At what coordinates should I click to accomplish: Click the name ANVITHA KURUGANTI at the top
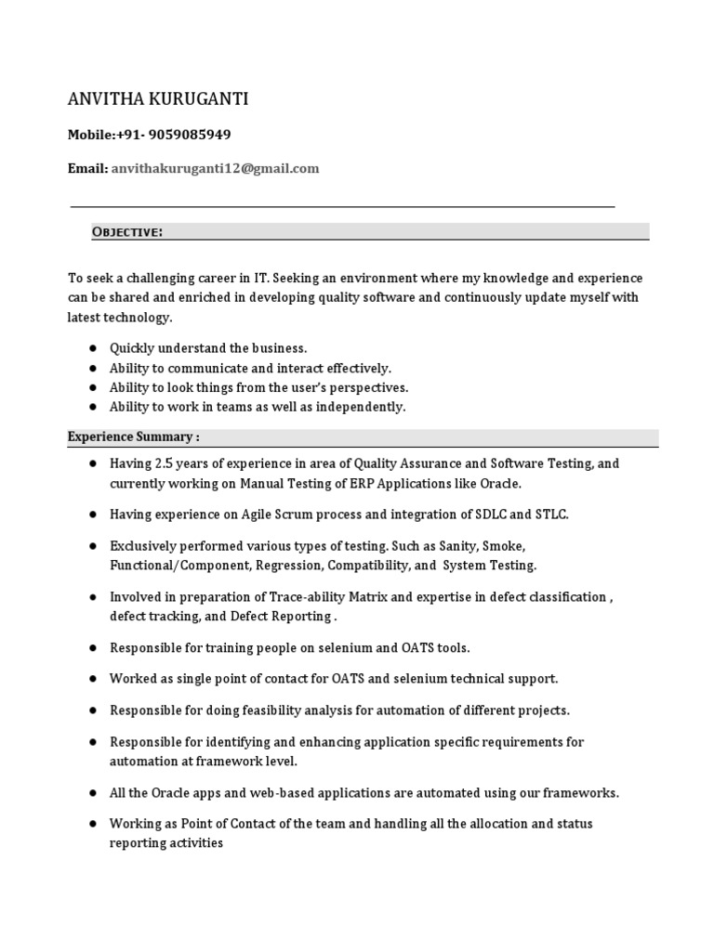pos(157,99)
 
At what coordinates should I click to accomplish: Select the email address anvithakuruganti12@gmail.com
pos(215,168)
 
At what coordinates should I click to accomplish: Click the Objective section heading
pos(127,232)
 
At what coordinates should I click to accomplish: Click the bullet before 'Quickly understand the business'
pos(93,348)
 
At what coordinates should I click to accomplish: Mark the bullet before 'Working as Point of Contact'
pos(93,824)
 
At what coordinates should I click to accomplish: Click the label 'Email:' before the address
pos(87,168)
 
